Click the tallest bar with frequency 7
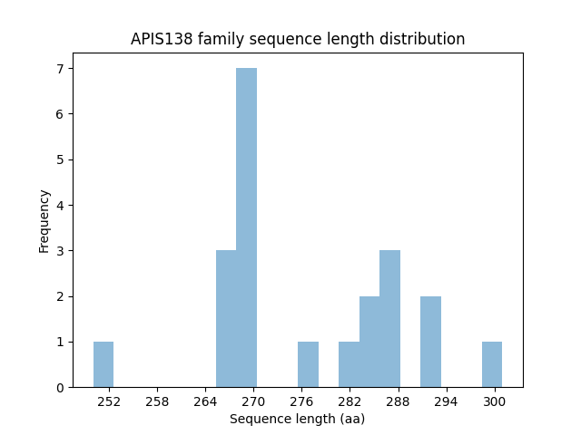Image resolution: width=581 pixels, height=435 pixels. pos(246,227)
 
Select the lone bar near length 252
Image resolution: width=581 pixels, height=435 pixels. pos(103,364)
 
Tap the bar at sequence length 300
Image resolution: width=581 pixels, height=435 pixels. pos(492,364)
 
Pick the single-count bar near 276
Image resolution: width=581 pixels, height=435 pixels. pos(308,364)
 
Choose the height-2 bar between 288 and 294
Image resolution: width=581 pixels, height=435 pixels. pos(430,342)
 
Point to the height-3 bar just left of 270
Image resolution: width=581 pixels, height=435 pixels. pos(226,319)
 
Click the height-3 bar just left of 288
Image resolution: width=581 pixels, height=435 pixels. pos(389,319)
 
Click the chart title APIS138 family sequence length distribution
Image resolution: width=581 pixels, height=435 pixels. pos(298,39)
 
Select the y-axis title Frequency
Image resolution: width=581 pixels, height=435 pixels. pos(44,220)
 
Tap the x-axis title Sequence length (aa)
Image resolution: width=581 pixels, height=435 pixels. pos(297,419)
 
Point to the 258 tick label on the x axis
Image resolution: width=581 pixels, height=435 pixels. pos(157,401)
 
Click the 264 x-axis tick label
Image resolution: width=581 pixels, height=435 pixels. pos(205,401)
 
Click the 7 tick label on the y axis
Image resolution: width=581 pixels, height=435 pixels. pos(59,69)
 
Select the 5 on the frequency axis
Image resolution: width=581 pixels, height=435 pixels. pos(59,159)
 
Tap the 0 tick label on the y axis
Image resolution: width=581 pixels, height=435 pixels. pos(59,387)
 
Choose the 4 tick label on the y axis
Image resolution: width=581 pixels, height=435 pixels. pos(59,205)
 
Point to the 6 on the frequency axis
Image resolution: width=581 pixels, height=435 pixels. pos(59,114)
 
